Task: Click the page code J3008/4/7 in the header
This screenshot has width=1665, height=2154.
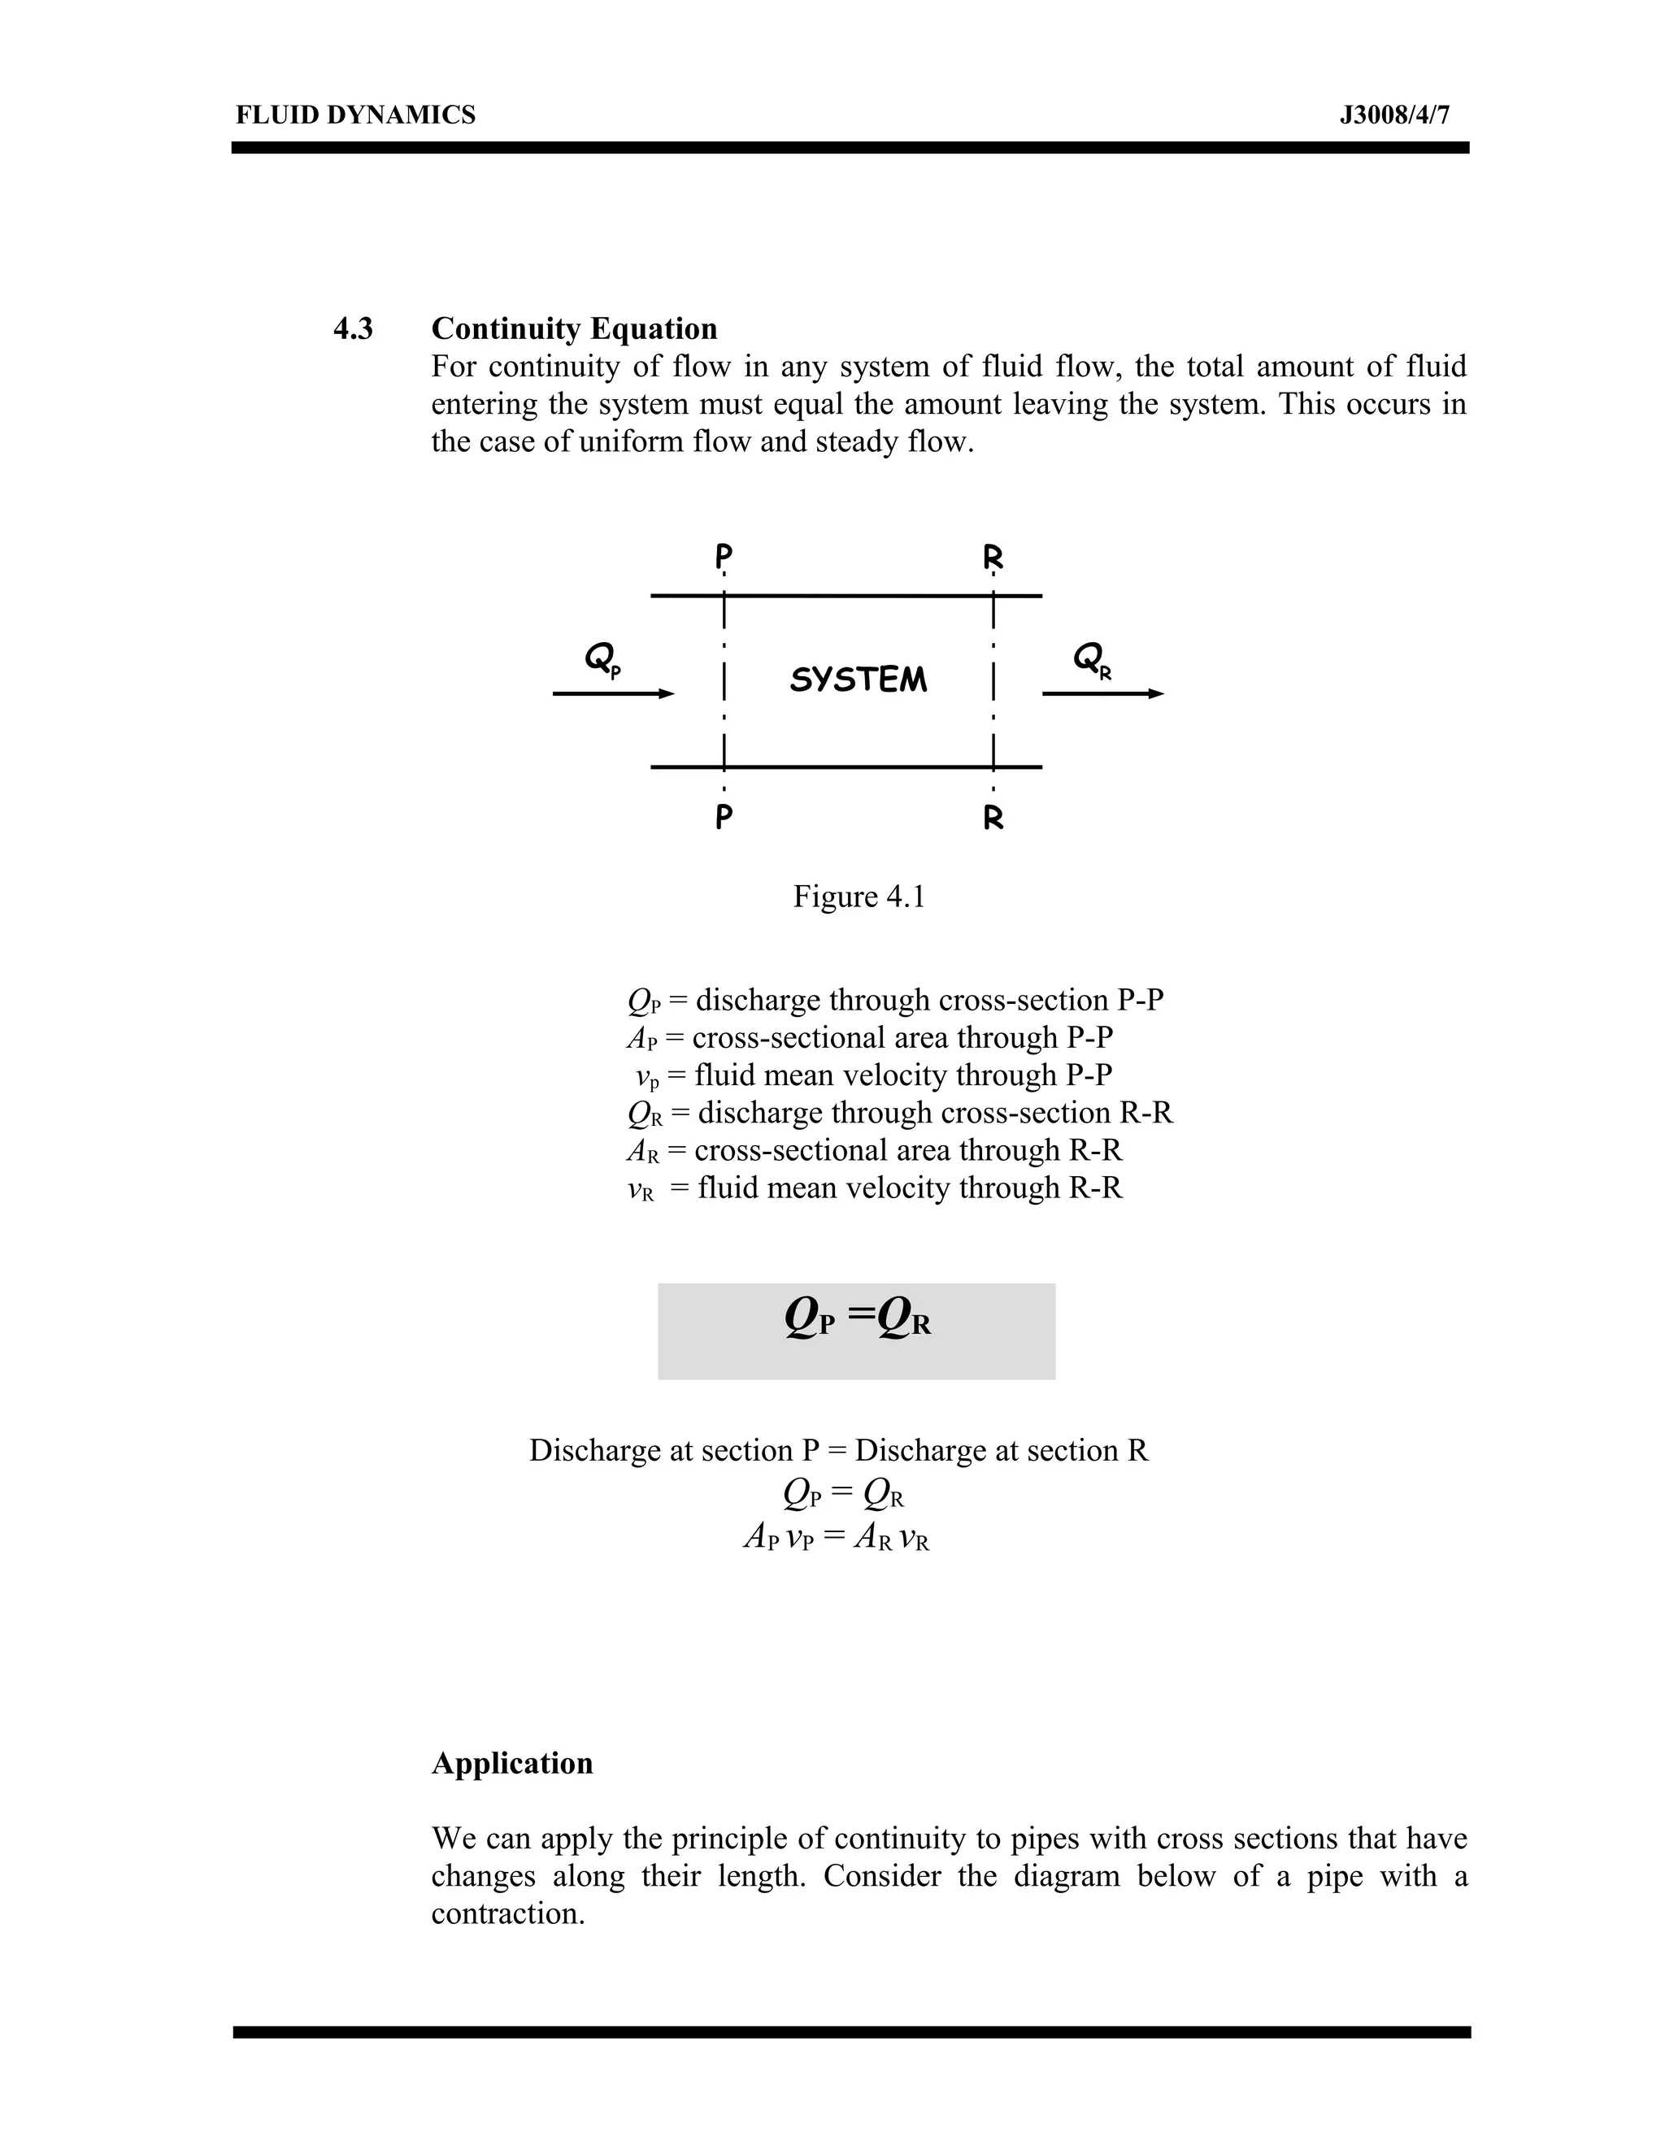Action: tap(1393, 115)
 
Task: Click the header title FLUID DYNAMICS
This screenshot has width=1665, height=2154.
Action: tap(355, 115)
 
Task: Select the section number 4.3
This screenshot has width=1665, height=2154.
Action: tap(353, 328)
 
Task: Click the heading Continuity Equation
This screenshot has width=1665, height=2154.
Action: tap(574, 328)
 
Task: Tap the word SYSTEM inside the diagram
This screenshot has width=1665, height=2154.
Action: tap(859, 680)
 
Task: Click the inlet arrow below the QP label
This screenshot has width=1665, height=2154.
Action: tap(612, 694)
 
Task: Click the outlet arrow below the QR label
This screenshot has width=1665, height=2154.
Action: tap(1102, 694)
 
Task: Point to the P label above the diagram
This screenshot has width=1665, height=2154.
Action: tap(724, 556)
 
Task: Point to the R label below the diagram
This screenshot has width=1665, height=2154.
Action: tap(993, 818)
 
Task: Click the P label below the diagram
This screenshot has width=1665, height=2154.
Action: tap(724, 818)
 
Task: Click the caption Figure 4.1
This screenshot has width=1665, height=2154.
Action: tap(859, 897)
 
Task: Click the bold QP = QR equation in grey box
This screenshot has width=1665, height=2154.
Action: tap(857, 1317)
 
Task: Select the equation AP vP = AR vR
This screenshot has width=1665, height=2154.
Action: tap(837, 1536)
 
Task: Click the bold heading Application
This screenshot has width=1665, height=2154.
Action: tap(512, 1762)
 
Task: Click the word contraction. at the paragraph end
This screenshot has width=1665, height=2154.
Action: tap(508, 1913)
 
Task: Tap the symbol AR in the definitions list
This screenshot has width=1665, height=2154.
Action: tap(642, 1151)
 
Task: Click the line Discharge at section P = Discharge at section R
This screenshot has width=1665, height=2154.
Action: tap(838, 1450)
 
